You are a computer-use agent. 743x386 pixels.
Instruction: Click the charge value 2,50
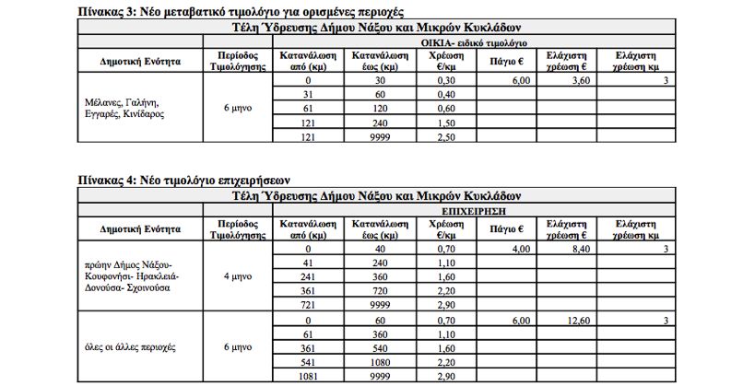tap(446, 136)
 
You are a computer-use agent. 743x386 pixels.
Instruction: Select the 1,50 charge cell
tap(446, 123)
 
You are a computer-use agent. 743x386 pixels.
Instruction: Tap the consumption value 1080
tap(378, 364)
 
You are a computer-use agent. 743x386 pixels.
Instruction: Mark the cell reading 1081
tap(310, 378)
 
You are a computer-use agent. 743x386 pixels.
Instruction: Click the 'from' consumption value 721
tap(310, 304)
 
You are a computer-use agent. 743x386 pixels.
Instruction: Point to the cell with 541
tap(310, 364)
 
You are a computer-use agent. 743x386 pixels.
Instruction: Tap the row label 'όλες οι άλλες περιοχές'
tap(129, 347)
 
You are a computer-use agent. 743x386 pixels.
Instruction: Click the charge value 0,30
tap(446, 81)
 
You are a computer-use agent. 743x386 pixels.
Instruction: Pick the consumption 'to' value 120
tap(378, 109)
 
